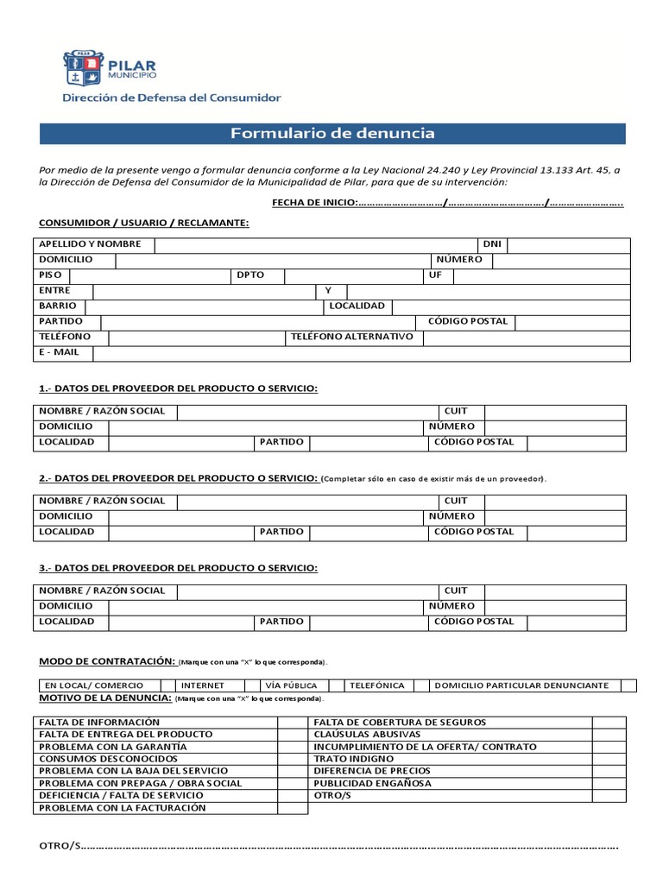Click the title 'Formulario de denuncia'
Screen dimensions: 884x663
(x=332, y=134)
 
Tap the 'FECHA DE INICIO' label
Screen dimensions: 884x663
(x=314, y=202)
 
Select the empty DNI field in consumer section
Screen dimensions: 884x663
(x=569, y=245)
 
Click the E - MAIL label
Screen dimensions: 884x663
(x=59, y=352)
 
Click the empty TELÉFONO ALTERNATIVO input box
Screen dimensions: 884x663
(x=526, y=337)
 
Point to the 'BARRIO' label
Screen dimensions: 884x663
(x=58, y=306)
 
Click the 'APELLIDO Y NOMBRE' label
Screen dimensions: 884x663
(x=90, y=245)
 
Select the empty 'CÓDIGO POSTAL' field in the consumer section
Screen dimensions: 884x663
(x=573, y=321)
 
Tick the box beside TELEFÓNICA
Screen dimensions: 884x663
(x=420, y=685)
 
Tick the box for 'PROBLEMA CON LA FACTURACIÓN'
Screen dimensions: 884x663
(x=293, y=808)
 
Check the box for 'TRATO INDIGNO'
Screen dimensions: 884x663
(x=609, y=759)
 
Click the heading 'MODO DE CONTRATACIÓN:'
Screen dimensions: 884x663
(x=107, y=661)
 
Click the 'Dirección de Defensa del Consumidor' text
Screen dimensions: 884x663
(x=171, y=98)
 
